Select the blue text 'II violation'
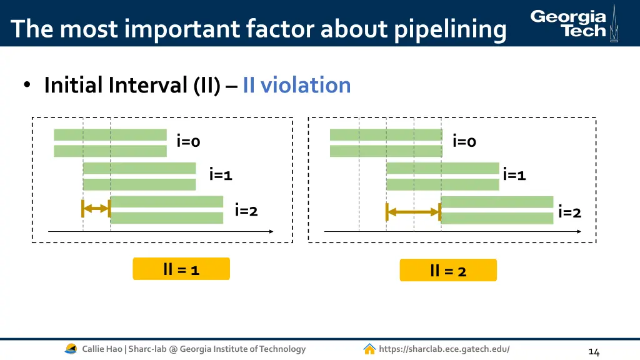(297, 85)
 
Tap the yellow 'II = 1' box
(181, 269)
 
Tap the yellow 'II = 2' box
(448, 270)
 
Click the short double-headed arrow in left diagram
(96, 208)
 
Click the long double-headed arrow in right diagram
(413, 212)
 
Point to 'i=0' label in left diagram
(188, 142)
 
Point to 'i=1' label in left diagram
(221, 175)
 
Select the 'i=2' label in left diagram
(246, 211)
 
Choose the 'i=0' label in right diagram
(464, 142)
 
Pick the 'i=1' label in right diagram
(514, 175)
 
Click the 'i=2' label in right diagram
(569, 212)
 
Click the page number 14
(594, 352)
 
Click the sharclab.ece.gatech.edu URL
(444, 349)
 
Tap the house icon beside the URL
(369, 349)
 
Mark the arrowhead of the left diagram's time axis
(271, 231)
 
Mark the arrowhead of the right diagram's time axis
(578, 231)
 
